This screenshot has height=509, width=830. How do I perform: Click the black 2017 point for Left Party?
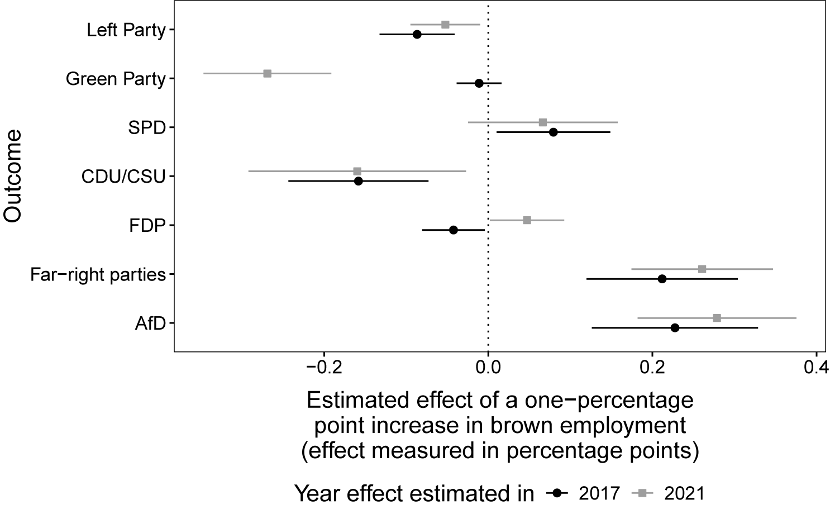417,35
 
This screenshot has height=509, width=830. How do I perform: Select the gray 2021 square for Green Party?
267,73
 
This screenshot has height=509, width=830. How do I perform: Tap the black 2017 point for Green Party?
479,83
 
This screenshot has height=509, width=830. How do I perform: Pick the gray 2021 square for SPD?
543,122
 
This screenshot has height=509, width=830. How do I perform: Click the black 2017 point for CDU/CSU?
359,181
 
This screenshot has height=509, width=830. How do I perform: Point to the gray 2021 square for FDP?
527,220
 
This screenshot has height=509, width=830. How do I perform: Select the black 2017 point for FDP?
453,230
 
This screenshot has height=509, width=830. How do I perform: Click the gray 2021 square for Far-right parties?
702,269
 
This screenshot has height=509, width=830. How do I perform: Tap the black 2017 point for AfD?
675,328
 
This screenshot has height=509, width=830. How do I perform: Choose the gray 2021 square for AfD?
717,318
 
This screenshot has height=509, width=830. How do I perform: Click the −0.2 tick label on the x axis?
324,368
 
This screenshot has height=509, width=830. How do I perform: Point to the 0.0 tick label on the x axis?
488,368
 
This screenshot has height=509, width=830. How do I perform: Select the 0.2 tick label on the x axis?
652,368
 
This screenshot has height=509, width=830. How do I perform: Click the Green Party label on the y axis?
116,79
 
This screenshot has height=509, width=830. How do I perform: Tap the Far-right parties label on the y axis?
98,275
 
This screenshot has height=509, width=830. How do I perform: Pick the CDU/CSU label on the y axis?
123,177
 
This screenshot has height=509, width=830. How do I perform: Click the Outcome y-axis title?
13,176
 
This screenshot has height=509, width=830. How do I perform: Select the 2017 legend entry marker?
556,493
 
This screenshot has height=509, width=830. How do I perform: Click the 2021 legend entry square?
642,493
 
